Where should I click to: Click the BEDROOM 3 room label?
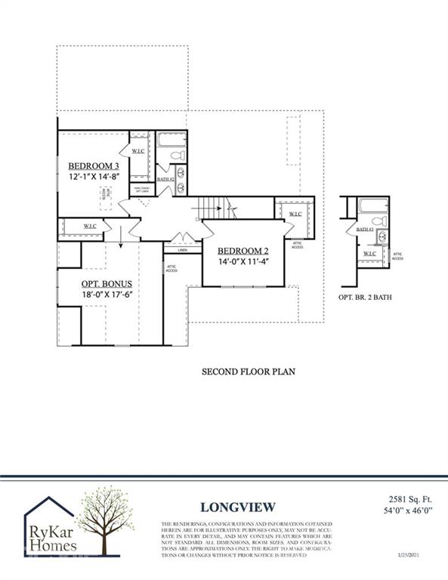pyautogui.click(x=94, y=166)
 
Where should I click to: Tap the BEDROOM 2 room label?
pyautogui.click(x=243, y=251)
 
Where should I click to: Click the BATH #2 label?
pyautogui.click(x=166, y=179)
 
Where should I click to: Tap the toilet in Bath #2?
pyautogui.click(x=178, y=155)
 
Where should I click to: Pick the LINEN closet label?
pyautogui.click(x=182, y=249)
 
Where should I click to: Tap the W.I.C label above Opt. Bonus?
pyautogui.click(x=88, y=226)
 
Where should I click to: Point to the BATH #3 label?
pyautogui.click(x=366, y=229)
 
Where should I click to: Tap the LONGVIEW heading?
pyautogui.click(x=238, y=507)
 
